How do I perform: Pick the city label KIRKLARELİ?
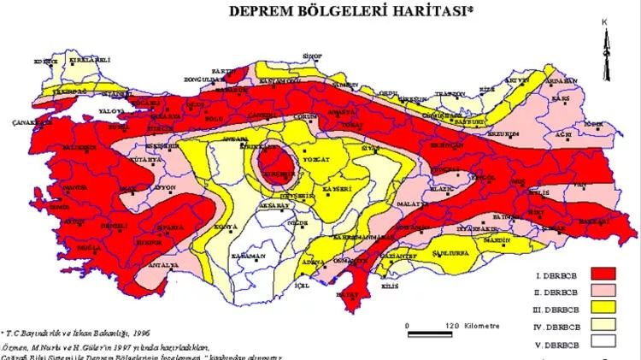[71, 61]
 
